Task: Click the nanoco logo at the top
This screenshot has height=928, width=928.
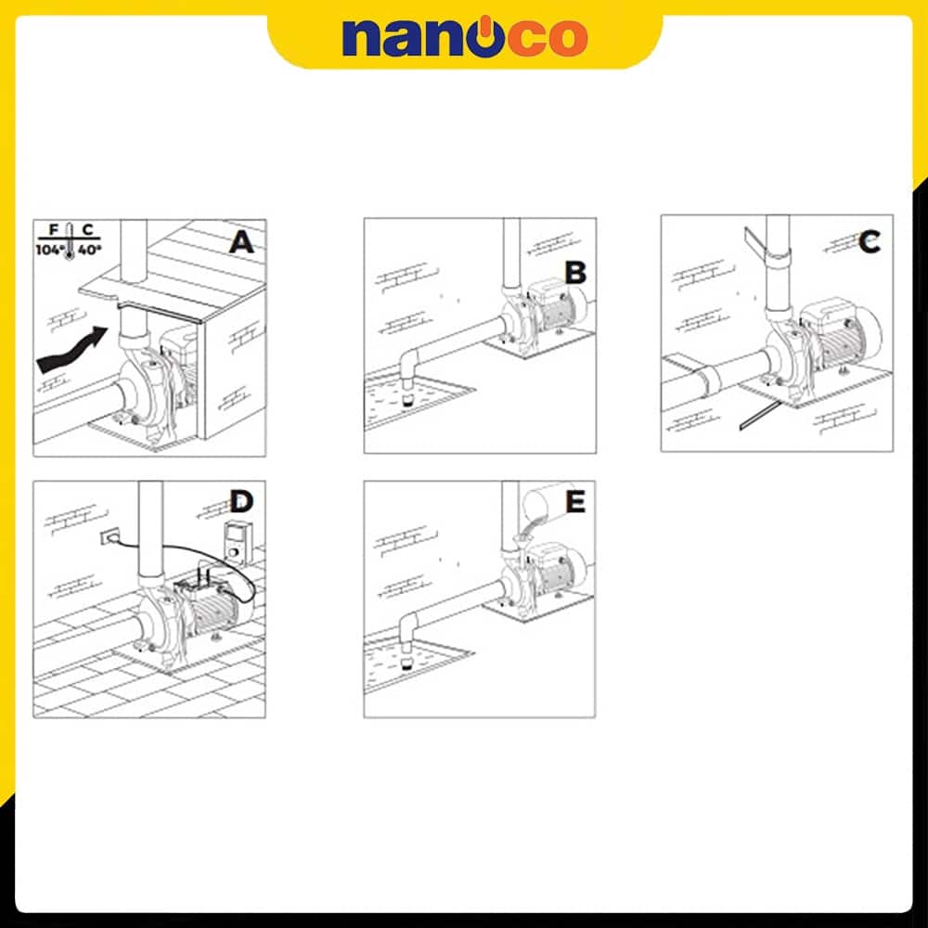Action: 465,37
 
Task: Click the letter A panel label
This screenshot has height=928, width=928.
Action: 241,242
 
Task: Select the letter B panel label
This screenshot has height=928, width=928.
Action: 575,273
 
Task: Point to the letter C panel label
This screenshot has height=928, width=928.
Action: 869,241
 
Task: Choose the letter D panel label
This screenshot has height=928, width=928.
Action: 241,502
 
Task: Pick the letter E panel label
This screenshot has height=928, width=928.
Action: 575,502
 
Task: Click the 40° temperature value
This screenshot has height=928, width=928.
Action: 90,250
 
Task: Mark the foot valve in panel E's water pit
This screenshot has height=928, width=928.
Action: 406,659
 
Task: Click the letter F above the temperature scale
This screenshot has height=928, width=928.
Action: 53,229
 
